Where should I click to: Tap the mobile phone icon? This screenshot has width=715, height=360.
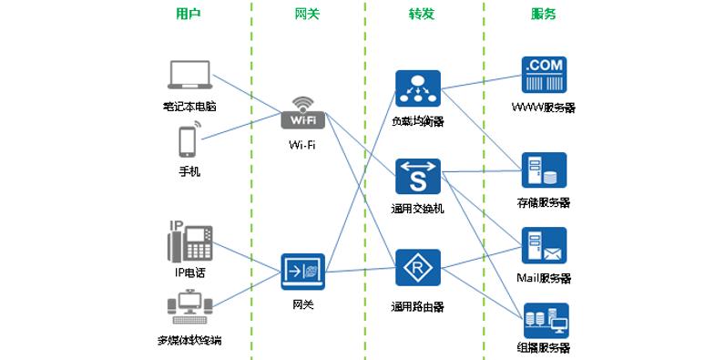pos(189,141)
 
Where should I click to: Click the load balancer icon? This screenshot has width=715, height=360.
pos(418,87)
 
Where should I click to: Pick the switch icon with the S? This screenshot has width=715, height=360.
pos(418,176)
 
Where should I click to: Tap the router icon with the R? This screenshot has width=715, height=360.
pos(418,268)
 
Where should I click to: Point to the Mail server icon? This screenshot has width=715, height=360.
pos(544,246)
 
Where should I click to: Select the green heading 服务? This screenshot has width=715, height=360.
pos(544,15)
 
